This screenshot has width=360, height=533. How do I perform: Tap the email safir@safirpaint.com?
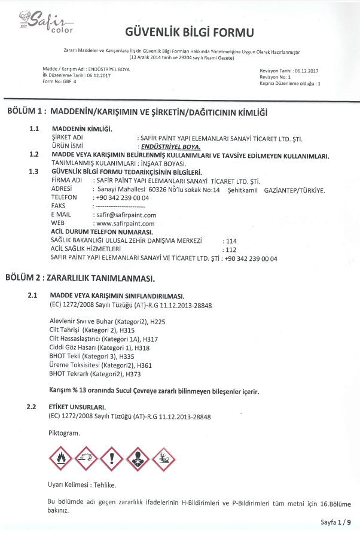(x=125, y=215)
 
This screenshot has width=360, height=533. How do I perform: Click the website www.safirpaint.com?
(x=125, y=223)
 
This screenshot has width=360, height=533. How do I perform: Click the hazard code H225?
(x=157, y=322)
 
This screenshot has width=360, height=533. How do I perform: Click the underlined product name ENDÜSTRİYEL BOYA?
(x=170, y=147)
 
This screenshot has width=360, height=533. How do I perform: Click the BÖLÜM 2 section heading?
(x=80, y=278)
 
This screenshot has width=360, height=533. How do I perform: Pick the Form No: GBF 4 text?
(x=60, y=81)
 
